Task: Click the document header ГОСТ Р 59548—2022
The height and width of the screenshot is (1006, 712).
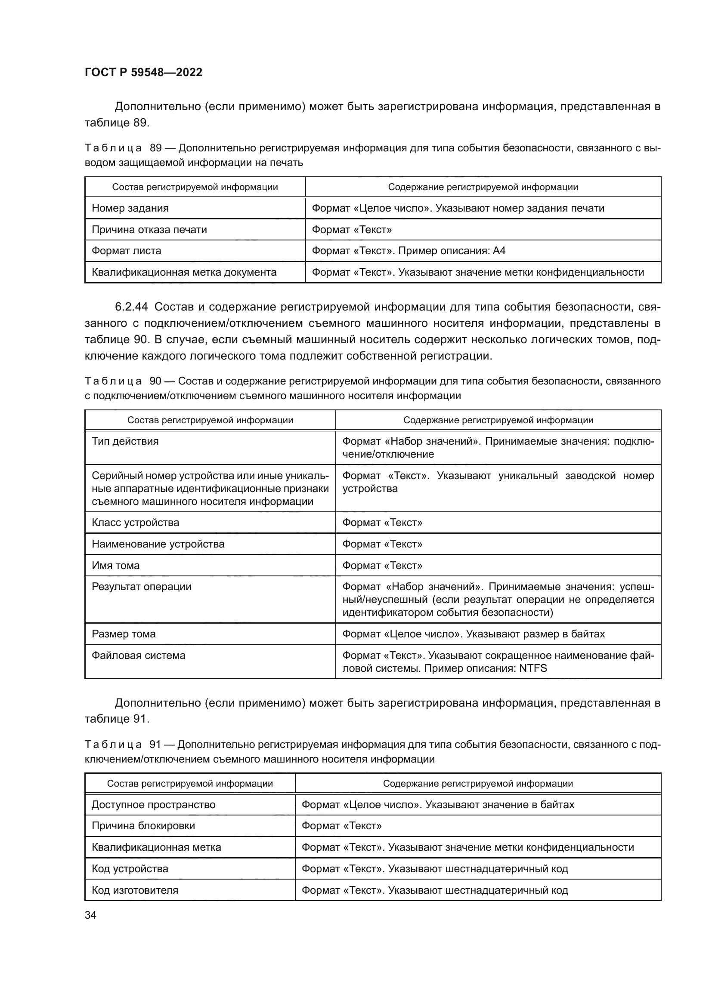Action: tap(143, 73)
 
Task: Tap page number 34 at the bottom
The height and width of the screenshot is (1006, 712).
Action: tap(90, 915)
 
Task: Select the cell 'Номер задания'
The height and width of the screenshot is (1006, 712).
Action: tap(130, 208)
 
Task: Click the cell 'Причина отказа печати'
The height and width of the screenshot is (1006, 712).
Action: tap(149, 230)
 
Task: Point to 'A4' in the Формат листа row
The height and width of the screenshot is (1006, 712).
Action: tap(499, 251)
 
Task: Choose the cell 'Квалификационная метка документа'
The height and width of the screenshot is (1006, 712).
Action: tap(184, 273)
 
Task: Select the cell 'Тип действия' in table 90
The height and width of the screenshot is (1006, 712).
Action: tap(125, 441)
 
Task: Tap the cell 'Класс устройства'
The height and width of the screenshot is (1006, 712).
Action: tap(136, 523)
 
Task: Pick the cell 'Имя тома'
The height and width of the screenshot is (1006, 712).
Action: tap(116, 566)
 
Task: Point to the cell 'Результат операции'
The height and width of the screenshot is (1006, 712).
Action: tap(141, 587)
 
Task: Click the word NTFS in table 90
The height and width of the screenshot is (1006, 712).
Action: tap(532, 669)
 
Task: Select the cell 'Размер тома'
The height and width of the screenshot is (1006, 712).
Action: tap(124, 634)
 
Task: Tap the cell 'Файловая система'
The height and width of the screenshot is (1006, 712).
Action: tap(139, 655)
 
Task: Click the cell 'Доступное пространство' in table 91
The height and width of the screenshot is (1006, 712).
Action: tap(153, 805)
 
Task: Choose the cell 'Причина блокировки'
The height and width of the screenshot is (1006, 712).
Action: tap(143, 826)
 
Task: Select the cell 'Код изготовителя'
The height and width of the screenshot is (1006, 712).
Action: tap(135, 890)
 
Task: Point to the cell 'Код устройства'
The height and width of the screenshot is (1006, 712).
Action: tap(130, 869)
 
